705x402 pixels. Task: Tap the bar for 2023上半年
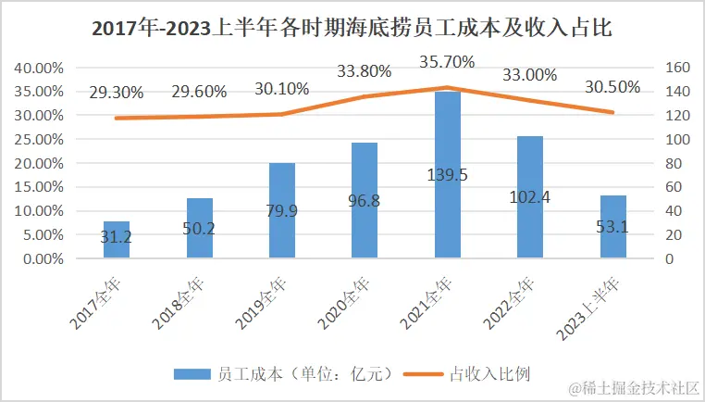pos(613,227)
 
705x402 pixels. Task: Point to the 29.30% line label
pos(117,93)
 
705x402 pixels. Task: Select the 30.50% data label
pos(612,86)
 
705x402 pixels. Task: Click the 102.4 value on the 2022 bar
pos(530,196)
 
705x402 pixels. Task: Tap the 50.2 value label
pos(199,228)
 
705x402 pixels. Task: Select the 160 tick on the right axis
pos(677,68)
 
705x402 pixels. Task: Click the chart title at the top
pos(352,28)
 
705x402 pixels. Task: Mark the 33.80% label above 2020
pos(364,71)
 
